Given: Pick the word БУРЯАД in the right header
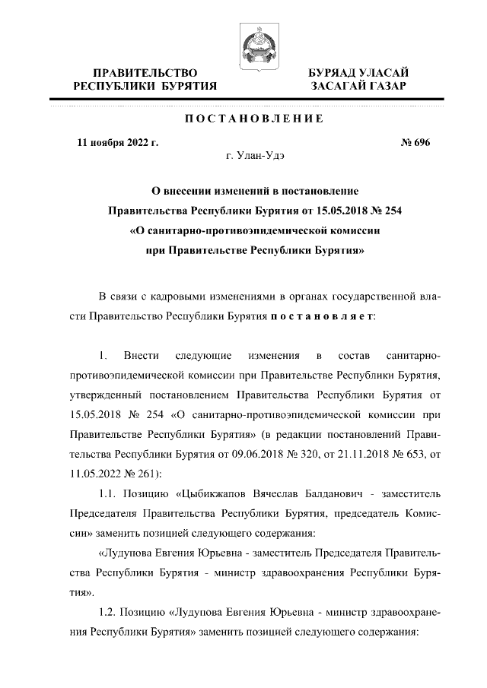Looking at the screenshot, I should (331, 72).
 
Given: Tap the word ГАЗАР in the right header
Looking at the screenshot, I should (382, 87).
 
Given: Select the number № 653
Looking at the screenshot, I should (394, 455).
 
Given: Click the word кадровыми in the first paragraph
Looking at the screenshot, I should (174, 294).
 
